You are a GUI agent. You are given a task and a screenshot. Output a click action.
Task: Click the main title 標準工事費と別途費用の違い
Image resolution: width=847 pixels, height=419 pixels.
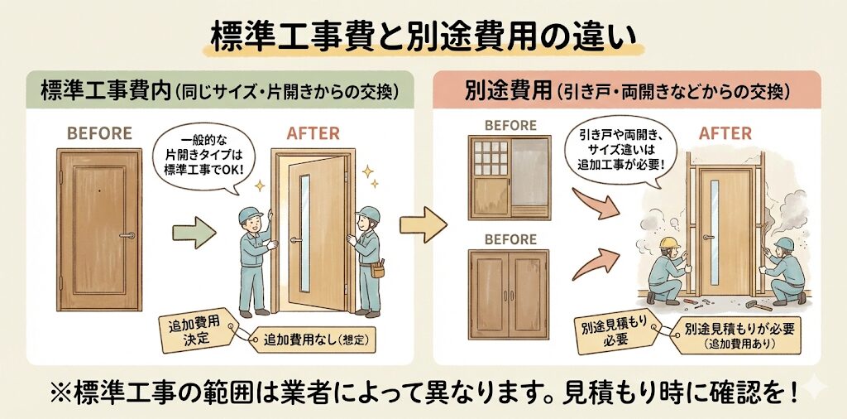[x=423, y=37]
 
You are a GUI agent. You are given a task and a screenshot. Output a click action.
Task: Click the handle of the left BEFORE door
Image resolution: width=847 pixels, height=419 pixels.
[x=127, y=236]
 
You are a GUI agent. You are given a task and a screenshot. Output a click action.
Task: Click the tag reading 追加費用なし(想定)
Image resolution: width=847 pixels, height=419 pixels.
[x=314, y=340]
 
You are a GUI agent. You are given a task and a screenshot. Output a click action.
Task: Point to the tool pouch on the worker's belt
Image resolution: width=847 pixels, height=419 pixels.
[x=378, y=269]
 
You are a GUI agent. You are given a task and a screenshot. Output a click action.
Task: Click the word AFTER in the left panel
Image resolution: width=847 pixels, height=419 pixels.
[x=313, y=133]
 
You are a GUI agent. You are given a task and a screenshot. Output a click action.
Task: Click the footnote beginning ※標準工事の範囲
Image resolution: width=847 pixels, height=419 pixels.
[x=423, y=393]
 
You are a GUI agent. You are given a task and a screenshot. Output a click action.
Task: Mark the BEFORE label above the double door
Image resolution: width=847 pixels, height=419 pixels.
[x=510, y=239]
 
